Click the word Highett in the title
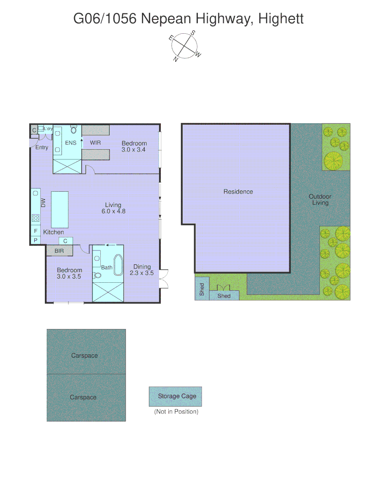point(281,19)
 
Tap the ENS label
point(71,143)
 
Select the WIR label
point(95,143)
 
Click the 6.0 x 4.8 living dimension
point(113,211)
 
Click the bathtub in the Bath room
point(118,267)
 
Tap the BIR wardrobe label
point(59,251)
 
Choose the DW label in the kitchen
point(43,202)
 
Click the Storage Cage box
point(176,396)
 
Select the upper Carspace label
point(84,356)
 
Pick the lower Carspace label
point(83,397)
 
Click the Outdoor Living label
point(320,200)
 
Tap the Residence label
point(238,191)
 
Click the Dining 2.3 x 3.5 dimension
point(141,273)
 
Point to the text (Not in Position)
point(176,412)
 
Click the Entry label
point(42,147)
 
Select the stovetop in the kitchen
point(36,218)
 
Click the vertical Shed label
point(202,289)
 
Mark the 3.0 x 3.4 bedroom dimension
point(134,150)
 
